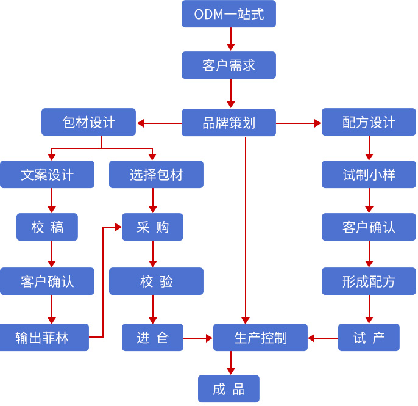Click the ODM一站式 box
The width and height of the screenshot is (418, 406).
[x=228, y=14]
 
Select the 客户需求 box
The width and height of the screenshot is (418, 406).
[x=228, y=65]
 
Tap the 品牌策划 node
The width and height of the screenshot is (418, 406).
[x=228, y=123]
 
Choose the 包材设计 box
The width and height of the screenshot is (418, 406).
[x=88, y=122]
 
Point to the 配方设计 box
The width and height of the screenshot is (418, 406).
[x=369, y=122]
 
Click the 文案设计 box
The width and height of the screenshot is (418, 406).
[x=47, y=175]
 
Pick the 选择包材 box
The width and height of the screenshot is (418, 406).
[x=156, y=175]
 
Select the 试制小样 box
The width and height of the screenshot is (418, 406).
[x=369, y=175]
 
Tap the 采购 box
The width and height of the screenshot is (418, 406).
[x=152, y=227]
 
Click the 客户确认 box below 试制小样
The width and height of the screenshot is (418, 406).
[x=369, y=227]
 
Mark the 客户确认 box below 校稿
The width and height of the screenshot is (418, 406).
[x=47, y=281]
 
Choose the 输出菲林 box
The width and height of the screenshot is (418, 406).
[x=44, y=338]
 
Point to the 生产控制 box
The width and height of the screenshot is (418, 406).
[x=260, y=338]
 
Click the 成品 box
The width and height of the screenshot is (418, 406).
[x=228, y=389]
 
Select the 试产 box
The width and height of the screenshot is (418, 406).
[x=369, y=338]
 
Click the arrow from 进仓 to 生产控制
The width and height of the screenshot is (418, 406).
[x=198, y=338]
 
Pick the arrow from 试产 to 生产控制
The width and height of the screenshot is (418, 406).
[x=323, y=338]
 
